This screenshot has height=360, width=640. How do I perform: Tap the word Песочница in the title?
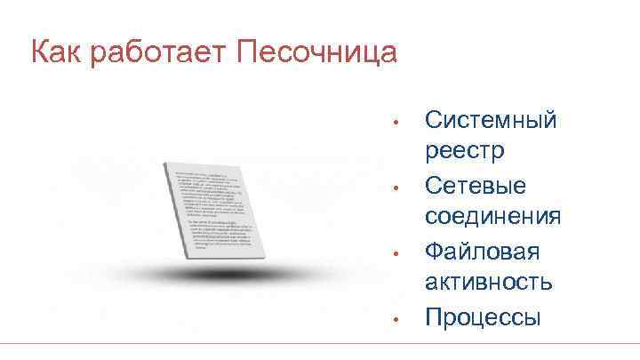coord(316,52)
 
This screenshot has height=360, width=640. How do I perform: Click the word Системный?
coord(491,119)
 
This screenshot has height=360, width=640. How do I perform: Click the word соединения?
coord(492,216)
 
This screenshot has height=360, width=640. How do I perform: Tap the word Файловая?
coord(481,251)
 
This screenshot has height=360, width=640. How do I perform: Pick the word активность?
coord(488,283)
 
